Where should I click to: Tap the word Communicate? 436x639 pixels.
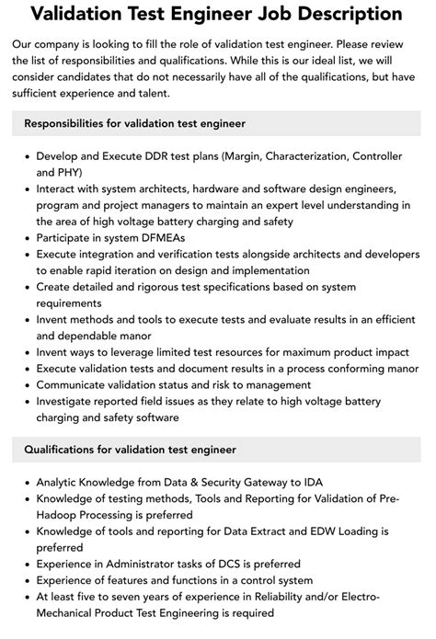coord(73,384)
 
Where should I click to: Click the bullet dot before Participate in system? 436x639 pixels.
coord(25,237)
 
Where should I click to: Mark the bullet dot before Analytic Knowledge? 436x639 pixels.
coord(25,482)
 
